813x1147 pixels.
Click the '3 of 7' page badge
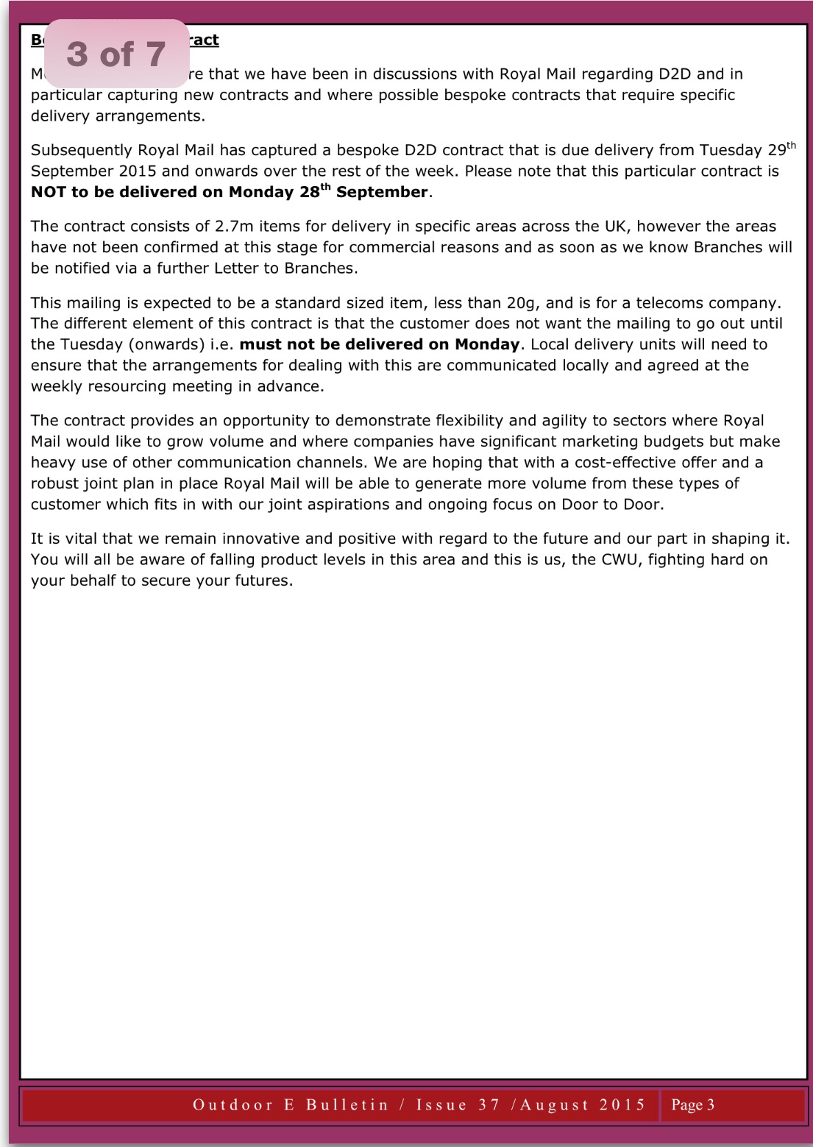click(x=116, y=54)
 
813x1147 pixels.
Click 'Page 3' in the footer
click(x=692, y=1104)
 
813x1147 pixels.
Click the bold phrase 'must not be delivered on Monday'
click(x=380, y=344)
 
